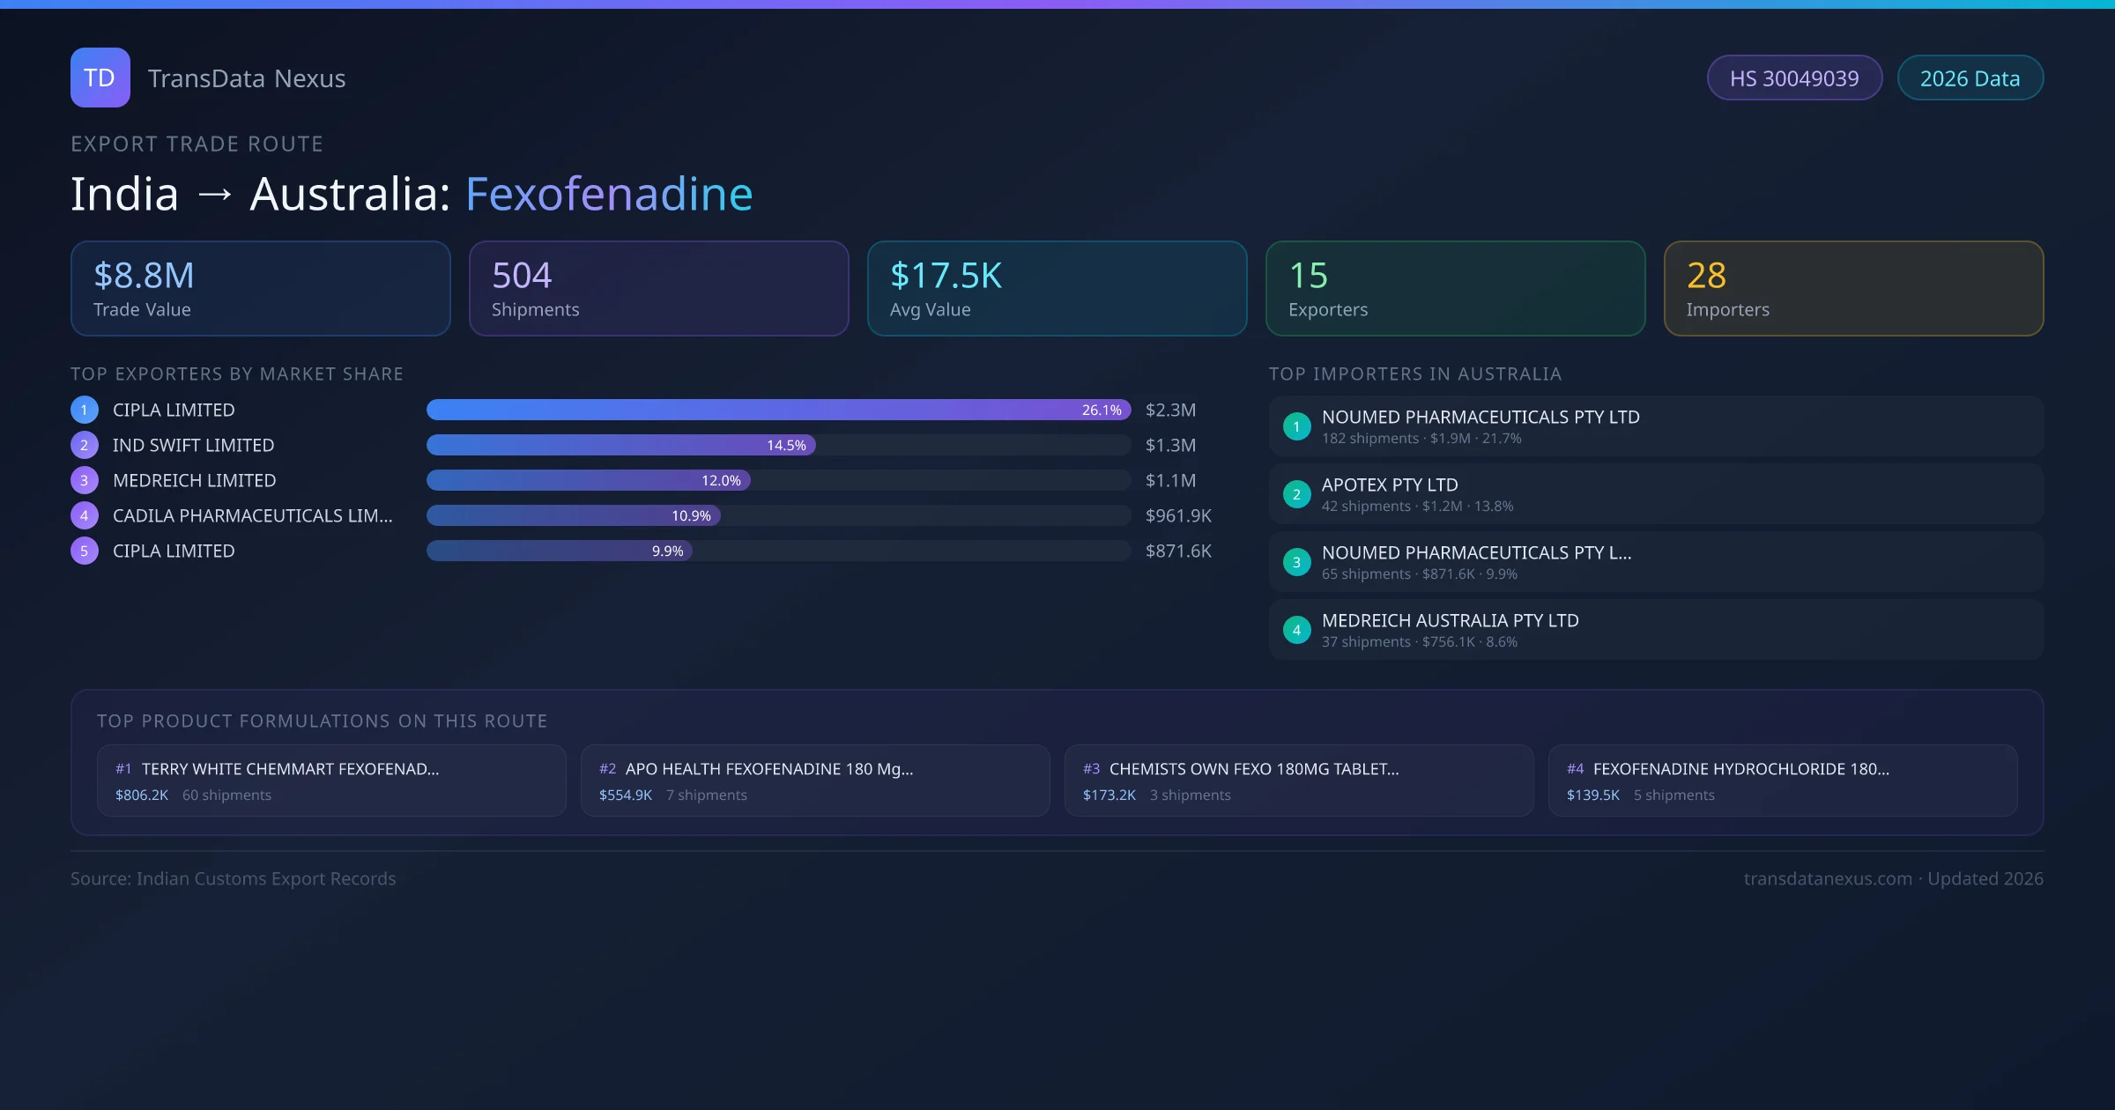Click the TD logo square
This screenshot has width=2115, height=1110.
(100, 78)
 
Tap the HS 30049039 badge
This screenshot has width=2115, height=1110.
(1793, 78)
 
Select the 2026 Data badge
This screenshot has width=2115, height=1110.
(1970, 78)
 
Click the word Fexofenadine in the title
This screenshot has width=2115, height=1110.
(609, 194)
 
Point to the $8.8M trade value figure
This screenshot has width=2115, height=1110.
(144, 276)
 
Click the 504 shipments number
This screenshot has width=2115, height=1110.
(522, 276)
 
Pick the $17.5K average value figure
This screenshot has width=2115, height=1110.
(946, 276)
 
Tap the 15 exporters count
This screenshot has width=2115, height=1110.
(1308, 276)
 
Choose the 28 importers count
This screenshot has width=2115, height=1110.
(1706, 276)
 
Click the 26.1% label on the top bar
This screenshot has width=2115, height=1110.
(1102, 410)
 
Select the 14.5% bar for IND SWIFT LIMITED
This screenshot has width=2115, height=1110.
(621, 445)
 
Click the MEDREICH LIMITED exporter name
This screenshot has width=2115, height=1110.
(194, 480)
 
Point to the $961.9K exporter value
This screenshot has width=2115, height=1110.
(1178, 515)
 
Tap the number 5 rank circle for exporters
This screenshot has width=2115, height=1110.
(84, 551)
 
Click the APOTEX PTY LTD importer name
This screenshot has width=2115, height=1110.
(1390, 485)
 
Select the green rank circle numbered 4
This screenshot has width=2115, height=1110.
(1296, 630)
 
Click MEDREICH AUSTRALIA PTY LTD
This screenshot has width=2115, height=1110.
(1450, 620)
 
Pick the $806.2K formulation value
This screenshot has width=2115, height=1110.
(142, 795)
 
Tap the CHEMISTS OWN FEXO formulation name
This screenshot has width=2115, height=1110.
(1253, 769)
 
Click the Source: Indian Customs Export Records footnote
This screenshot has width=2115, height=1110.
(234, 878)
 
